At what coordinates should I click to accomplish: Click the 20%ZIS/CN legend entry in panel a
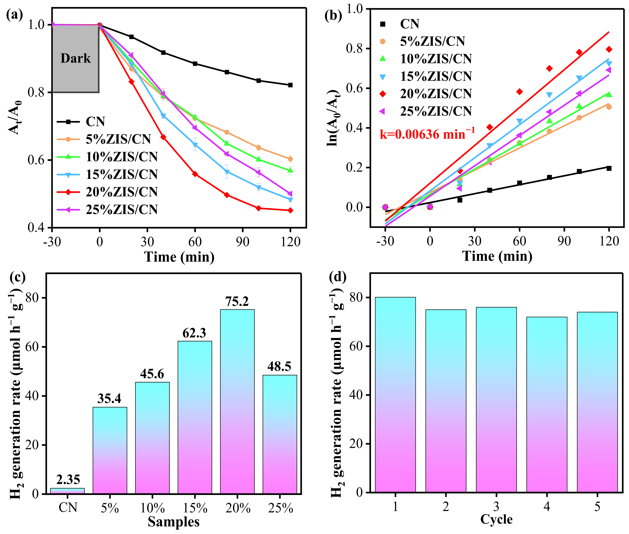(x=121, y=192)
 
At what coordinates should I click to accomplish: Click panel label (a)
(x=14, y=15)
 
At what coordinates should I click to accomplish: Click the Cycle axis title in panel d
(x=496, y=519)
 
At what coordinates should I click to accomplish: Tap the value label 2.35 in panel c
(x=68, y=480)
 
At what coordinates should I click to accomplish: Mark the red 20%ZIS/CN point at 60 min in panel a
(x=195, y=174)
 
